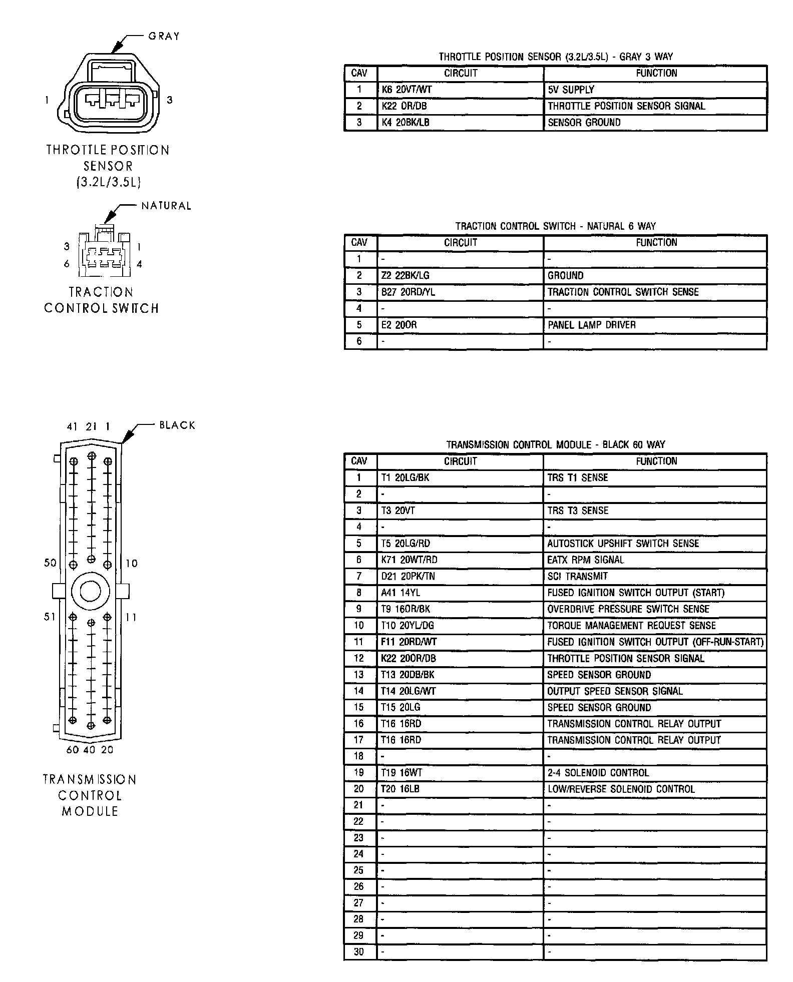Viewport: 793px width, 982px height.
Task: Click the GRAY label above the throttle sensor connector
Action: click(x=164, y=36)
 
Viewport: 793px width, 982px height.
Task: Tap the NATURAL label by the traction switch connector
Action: click(x=166, y=206)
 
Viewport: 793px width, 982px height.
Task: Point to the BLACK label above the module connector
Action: click(x=177, y=425)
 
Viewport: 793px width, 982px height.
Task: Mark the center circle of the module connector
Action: click(x=91, y=592)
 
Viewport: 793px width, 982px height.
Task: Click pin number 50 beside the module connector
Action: click(x=50, y=563)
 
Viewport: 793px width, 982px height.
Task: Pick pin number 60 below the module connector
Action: click(x=73, y=750)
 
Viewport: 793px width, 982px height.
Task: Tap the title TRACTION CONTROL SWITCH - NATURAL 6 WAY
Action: click(x=555, y=226)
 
